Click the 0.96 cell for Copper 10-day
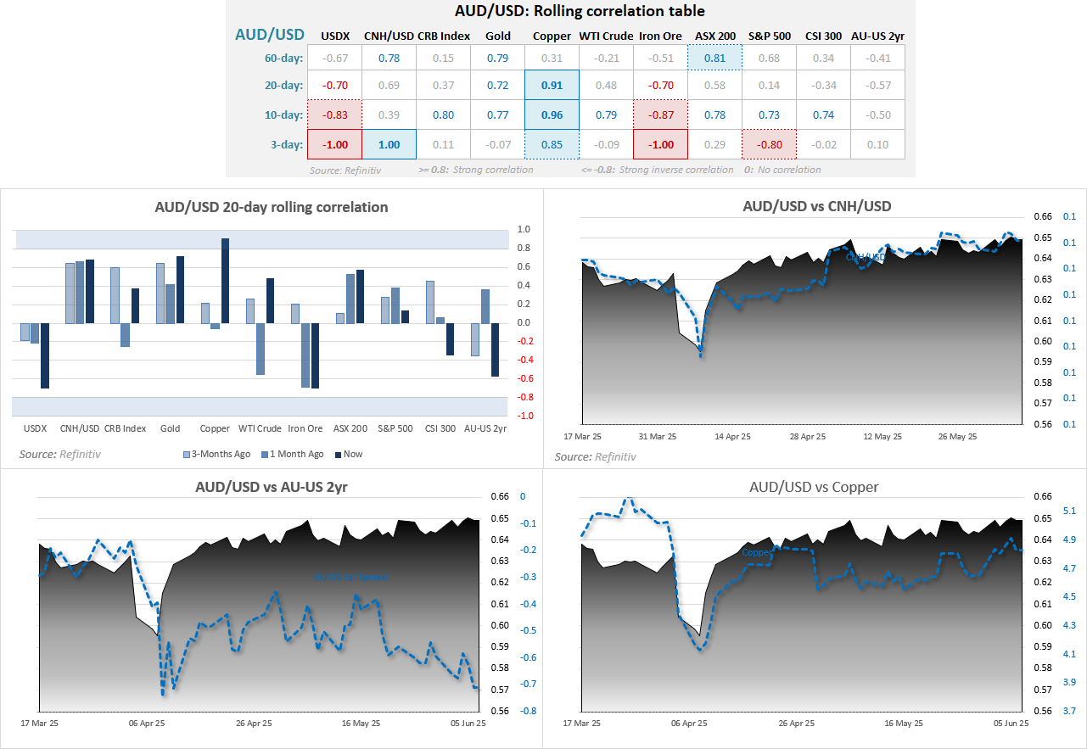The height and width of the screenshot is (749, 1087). pyautogui.click(x=552, y=115)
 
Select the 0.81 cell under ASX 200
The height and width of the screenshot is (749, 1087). pyautogui.click(x=714, y=58)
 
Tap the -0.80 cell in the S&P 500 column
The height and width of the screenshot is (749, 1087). pyautogui.click(x=769, y=144)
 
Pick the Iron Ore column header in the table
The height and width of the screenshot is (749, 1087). pyautogui.click(x=660, y=35)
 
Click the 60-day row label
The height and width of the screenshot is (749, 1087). pyautogui.click(x=283, y=58)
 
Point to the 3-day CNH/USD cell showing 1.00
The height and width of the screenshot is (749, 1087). pyautogui.click(x=389, y=144)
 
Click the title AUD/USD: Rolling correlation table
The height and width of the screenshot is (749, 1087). pyautogui.click(x=570, y=12)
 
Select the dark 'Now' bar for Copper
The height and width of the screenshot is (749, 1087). pyautogui.click(x=225, y=280)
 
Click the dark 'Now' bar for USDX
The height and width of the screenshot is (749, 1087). pyautogui.click(x=45, y=355)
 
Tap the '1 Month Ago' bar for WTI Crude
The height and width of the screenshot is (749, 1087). pyautogui.click(x=261, y=349)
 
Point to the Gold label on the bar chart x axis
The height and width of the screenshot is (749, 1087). pyautogui.click(x=170, y=428)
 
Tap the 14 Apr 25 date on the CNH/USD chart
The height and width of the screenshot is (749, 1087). pyautogui.click(x=733, y=437)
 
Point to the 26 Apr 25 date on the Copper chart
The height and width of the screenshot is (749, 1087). pyautogui.click(x=797, y=724)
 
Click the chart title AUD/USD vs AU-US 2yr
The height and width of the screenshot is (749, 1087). pyautogui.click(x=272, y=487)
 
